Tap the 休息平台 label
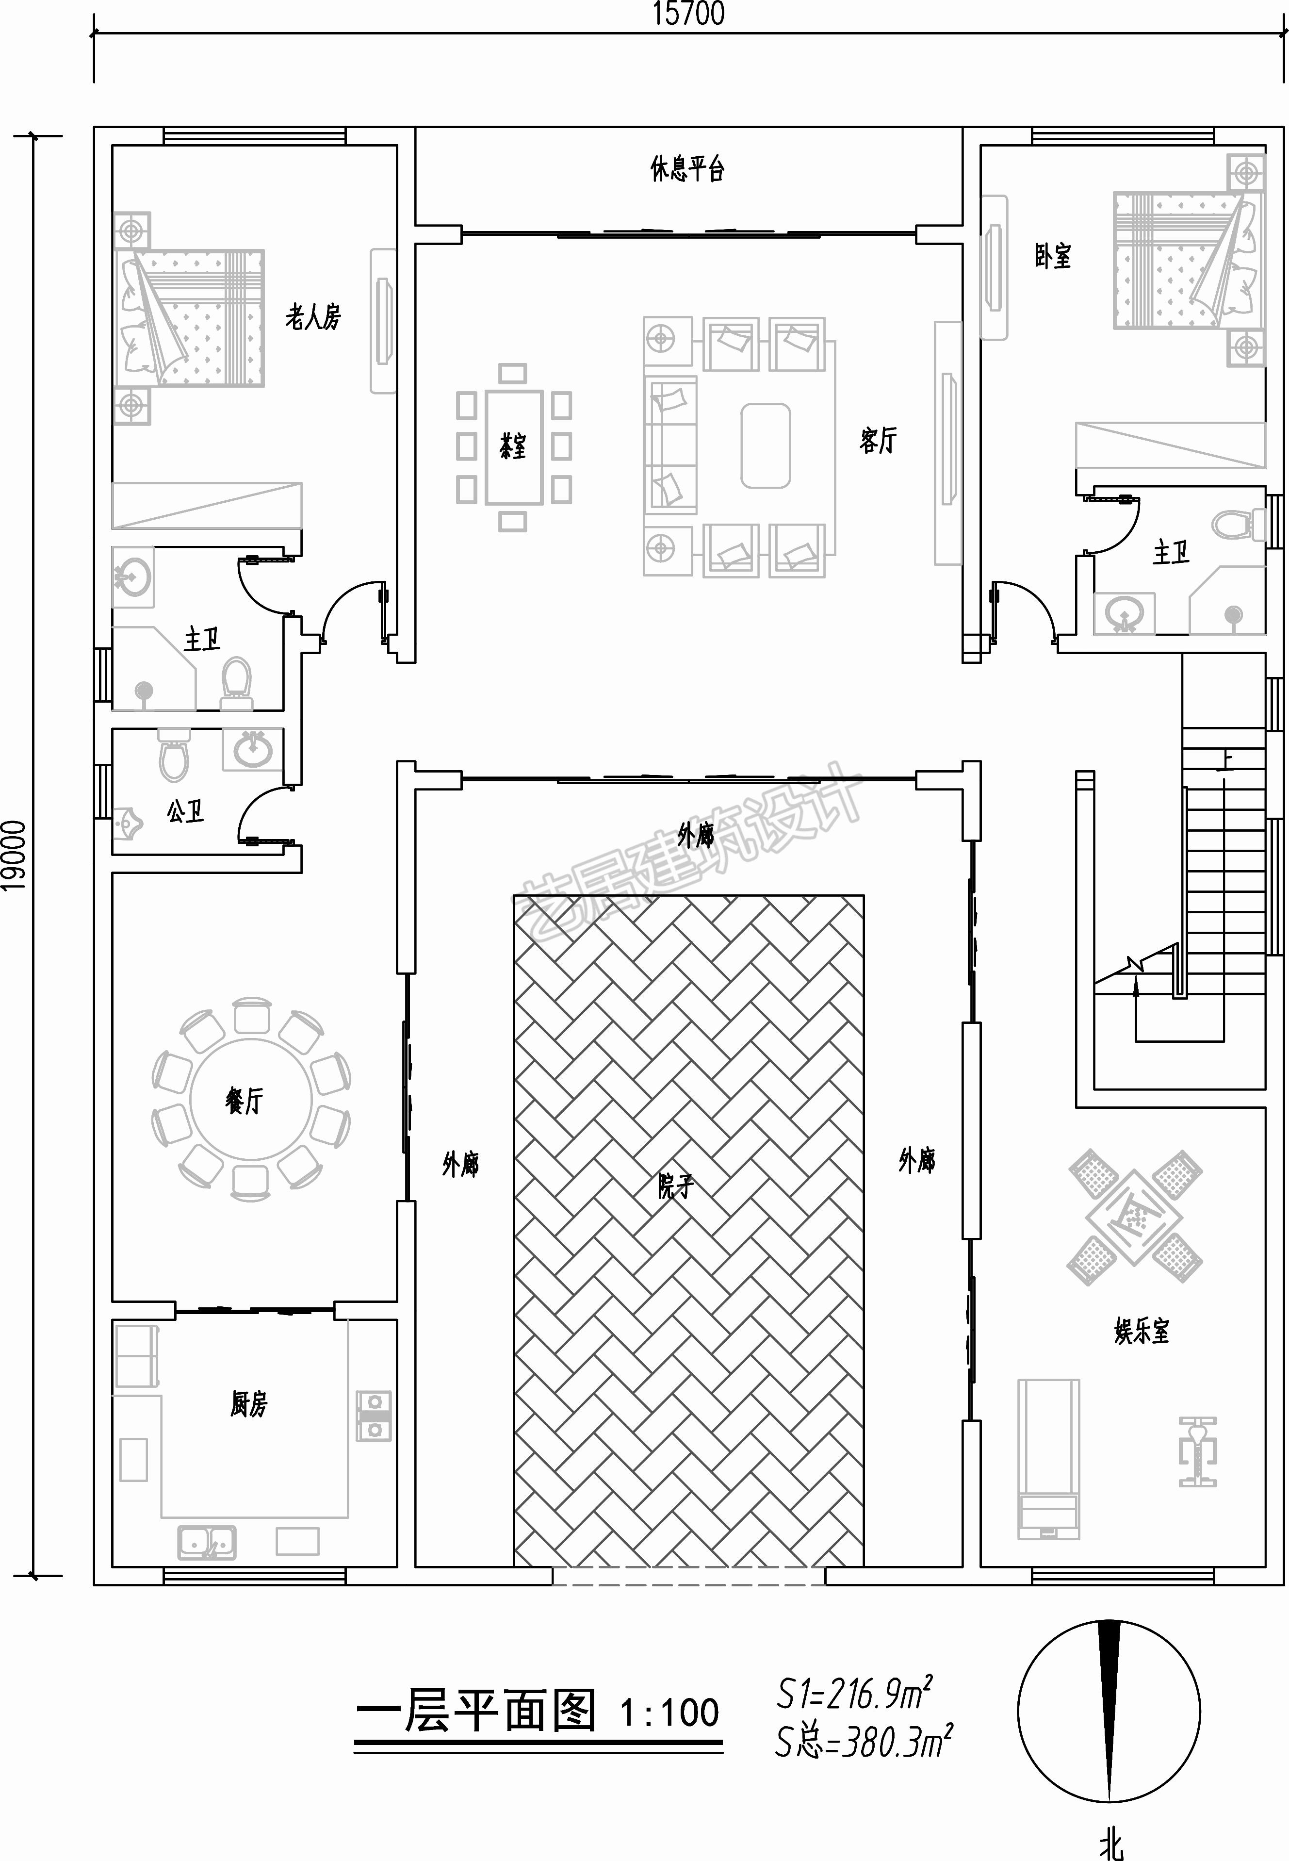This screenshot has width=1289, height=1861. pyautogui.click(x=687, y=169)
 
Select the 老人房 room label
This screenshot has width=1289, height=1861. pyautogui.click(x=312, y=316)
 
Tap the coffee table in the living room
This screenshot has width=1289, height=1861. pyautogui.click(x=766, y=446)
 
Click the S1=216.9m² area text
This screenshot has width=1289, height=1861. pyautogui.click(x=854, y=1694)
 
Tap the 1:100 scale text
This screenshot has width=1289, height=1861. pyautogui.click(x=669, y=1713)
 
